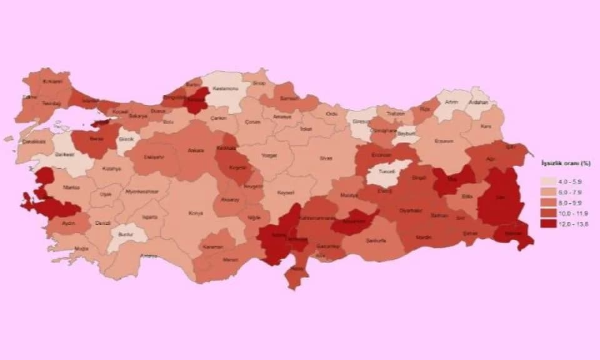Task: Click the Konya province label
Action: [x=196, y=213]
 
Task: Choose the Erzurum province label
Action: [x=444, y=141]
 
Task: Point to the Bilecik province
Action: [x=127, y=140]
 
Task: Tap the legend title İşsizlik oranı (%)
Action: [x=566, y=162]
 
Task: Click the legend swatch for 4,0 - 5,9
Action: [x=548, y=179]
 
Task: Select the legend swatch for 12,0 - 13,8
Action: [x=548, y=222]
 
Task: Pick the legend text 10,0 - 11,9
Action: [x=573, y=212]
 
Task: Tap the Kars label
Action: [x=487, y=127]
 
